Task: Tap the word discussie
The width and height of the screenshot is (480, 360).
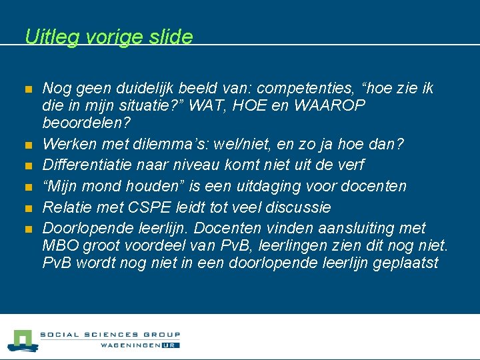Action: click(x=302, y=207)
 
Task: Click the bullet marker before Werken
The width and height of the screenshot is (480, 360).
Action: click(x=28, y=145)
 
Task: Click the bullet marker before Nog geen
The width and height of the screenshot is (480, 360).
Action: click(x=28, y=89)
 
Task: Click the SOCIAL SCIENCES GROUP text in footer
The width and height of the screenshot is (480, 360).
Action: click(x=110, y=335)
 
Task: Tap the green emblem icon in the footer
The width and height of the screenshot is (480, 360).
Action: click(x=22, y=340)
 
